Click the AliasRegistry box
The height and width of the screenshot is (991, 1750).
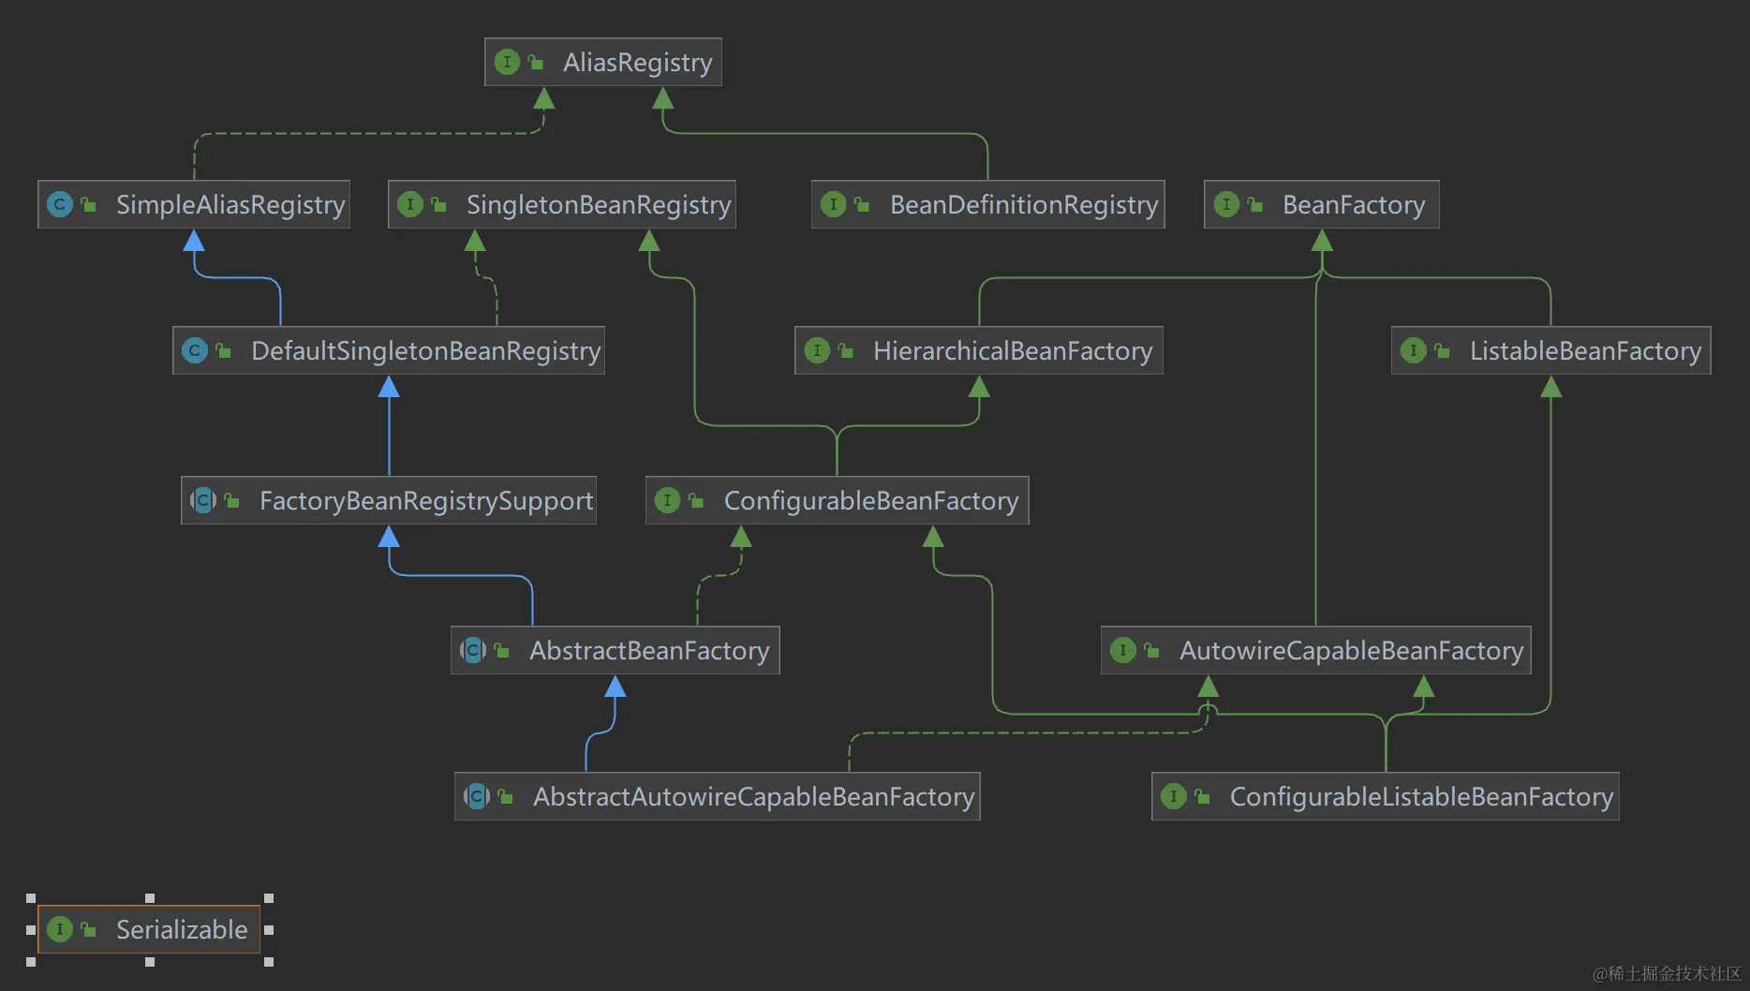click(602, 62)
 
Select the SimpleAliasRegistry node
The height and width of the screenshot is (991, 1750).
click(194, 204)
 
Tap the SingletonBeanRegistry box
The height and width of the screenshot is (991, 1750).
click(562, 204)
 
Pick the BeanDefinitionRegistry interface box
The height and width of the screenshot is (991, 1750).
click(987, 204)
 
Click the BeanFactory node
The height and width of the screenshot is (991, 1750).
click(1321, 204)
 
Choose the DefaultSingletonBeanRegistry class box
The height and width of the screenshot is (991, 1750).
click(389, 350)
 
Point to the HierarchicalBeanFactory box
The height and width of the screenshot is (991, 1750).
click(978, 350)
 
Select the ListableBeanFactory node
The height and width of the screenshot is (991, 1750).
click(1550, 350)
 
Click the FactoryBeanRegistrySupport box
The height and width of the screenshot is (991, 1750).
click(389, 500)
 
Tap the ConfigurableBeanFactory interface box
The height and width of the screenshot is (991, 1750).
click(837, 500)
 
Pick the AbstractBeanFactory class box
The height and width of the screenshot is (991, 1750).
click(615, 650)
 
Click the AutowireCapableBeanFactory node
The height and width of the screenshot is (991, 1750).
click(1315, 650)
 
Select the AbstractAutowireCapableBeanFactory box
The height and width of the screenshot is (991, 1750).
click(717, 796)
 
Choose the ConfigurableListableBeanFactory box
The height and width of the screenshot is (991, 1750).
click(1385, 796)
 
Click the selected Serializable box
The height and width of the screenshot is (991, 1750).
click(149, 929)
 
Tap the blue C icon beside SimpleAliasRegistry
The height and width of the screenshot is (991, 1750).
click(60, 204)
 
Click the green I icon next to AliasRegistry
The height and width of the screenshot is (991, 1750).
click(507, 62)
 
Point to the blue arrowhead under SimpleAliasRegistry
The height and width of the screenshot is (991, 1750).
click(194, 241)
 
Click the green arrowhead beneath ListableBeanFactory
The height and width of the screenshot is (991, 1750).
click(1550, 387)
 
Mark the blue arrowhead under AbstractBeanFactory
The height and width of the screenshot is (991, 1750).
click(615, 687)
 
